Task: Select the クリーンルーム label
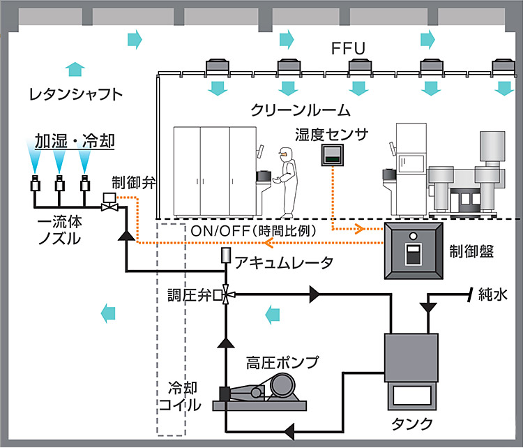[x=301, y=110]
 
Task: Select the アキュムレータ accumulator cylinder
[x=227, y=257]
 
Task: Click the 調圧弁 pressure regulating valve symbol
[x=227, y=294]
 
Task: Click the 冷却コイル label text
[x=170, y=395]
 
